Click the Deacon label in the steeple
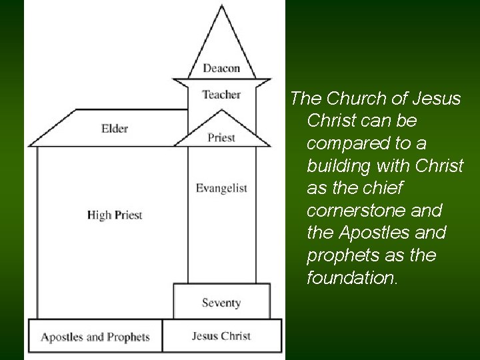pos(221,68)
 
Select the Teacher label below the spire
pos(221,95)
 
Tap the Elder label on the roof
pos(115,128)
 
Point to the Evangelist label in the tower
pos(221,189)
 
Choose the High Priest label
pos(115,215)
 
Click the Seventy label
pos(221,303)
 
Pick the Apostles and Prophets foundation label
pos(95,337)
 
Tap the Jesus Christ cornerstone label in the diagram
pos(221,335)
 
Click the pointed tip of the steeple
pos(222,7)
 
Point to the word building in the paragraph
pos(338,166)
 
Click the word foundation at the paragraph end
pos(351,278)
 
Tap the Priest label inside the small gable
pos(221,138)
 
